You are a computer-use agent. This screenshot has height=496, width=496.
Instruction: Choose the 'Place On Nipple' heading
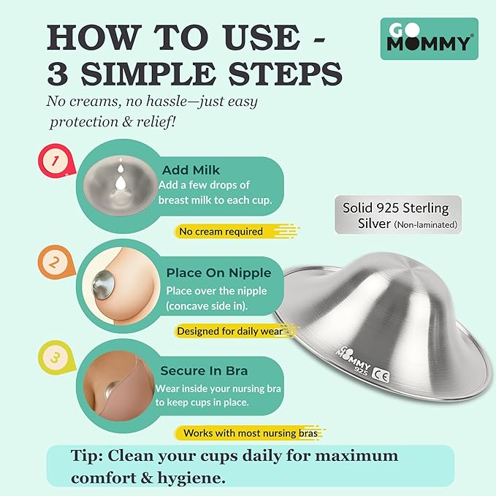coord(218,272)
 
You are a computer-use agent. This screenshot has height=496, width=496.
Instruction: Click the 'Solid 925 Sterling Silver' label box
coord(398,215)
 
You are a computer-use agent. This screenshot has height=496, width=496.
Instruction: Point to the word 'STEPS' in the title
coord(270,74)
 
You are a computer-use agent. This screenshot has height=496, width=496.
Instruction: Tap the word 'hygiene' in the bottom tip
coord(196,478)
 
